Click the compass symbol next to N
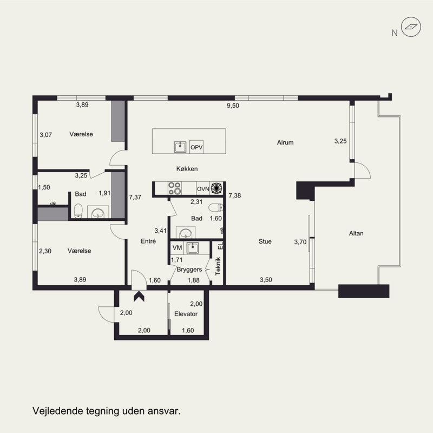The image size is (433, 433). [x=411, y=27]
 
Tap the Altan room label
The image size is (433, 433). [x=356, y=233]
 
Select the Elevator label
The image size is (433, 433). [x=186, y=314]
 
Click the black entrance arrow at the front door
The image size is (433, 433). [x=139, y=296]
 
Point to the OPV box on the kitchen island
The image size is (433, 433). [x=196, y=147]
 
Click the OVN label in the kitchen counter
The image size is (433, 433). [x=203, y=189]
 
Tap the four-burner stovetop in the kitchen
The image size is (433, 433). [x=175, y=188]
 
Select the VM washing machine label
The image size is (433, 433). [x=178, y=248]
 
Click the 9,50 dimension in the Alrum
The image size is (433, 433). [x=233, y=106]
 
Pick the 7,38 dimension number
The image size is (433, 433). [x=235, y=195]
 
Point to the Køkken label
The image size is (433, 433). [x=187, y=169]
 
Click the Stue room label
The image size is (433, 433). [x=265, y=241]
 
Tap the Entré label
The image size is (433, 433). [x=148, y=241]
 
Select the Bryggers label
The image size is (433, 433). [x=189, y=269]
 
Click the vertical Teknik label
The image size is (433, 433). [x=218, y=266]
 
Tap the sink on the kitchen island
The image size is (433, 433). [x=180, y=147]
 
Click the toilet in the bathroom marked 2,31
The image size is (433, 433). [x=215, y=207]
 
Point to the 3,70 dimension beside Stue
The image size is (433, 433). [x=300, y=242]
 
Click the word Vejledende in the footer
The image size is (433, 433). [x=58, y=411]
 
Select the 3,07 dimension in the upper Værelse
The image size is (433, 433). [x=45, y=135]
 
